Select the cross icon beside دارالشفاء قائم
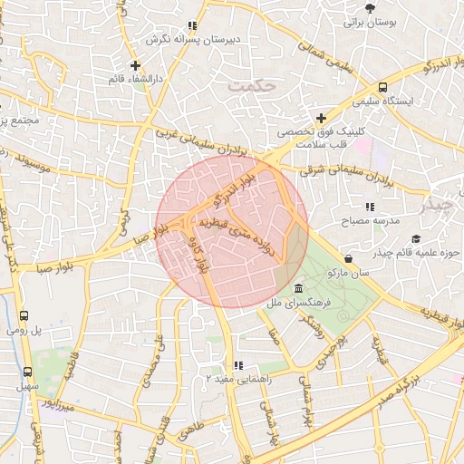135,65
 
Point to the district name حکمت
252,87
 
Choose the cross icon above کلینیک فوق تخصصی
321,118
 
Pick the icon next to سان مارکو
348,258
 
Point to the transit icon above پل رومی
22,316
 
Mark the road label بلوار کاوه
199,256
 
